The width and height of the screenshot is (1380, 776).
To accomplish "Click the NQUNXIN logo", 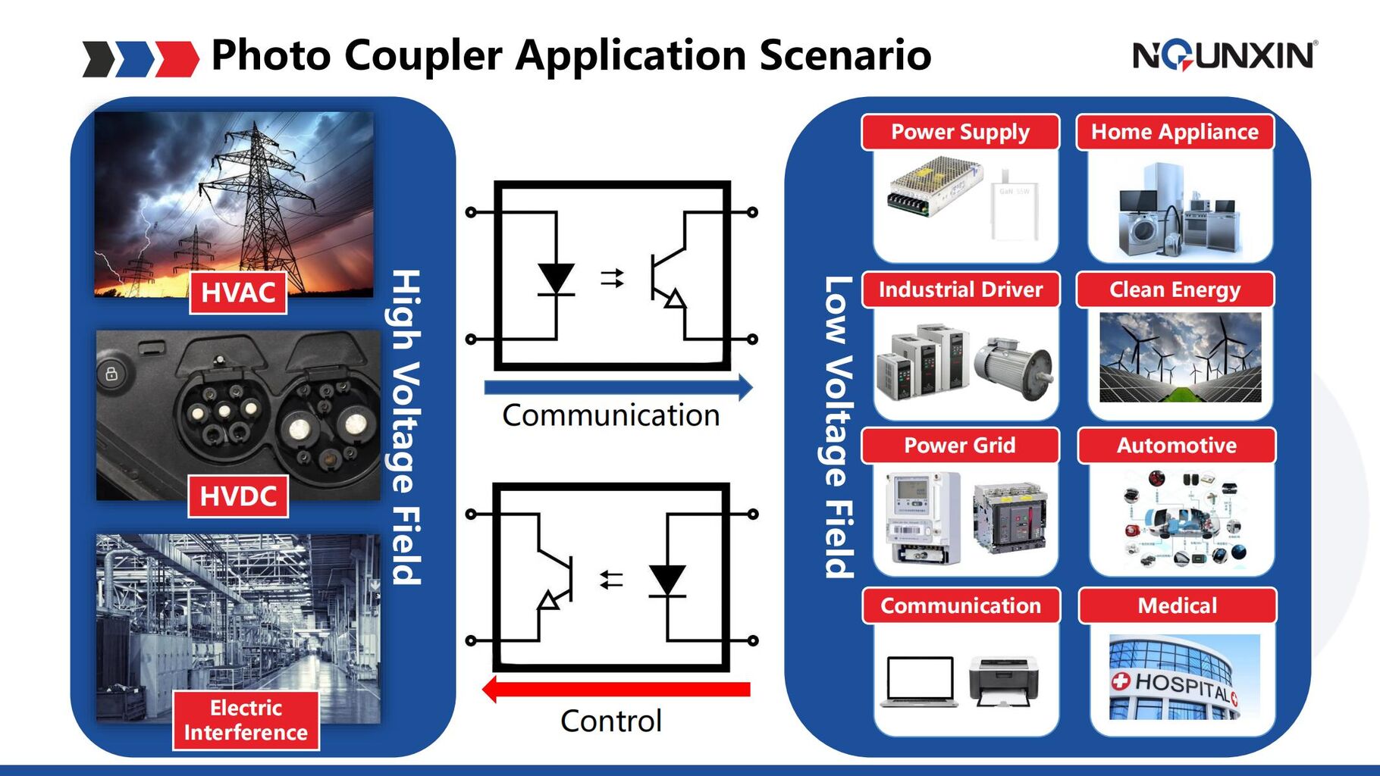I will click(x=1225, y=55).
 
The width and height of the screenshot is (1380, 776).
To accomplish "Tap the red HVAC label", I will click(x=238, y=293).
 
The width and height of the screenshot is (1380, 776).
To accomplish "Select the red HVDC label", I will click(x=238, y=496).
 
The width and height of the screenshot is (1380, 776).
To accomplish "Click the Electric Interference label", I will click(x=246, y=720).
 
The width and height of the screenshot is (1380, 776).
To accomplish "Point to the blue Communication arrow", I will click(x=618, y=387).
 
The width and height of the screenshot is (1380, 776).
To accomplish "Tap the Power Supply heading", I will click(x=960, y=132).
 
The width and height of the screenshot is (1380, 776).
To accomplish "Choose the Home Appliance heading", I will click(x=1175, y=132).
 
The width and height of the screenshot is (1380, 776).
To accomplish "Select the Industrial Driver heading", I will click(x=960, y=289).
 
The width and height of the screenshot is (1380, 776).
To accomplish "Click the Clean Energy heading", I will click(x=1175, y=289).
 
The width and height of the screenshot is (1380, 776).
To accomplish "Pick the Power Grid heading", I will click(x=959, y=446).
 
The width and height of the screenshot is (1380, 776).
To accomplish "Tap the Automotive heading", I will click(x=1176, y=446).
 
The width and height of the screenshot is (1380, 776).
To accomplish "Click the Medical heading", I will click(x=1177, y=605).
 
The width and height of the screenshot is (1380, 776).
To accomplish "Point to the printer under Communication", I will click(x=1004, y=681).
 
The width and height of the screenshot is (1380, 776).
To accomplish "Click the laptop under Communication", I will click(x=920, y=681).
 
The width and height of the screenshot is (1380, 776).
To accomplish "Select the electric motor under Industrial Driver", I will click(x=1013, y=368).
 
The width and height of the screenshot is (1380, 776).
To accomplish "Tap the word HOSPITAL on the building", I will click(x=1181, y=685).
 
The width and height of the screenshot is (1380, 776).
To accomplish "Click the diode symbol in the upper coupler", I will click(x=556, y=279).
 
